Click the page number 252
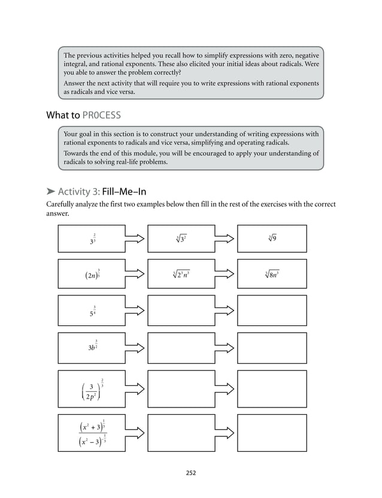click(x=190, y=473)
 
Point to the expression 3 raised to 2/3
click(x=92, y=239)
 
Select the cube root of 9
click(x=273, y=239)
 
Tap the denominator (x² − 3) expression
click(x=92, y=443)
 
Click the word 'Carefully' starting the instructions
click(x=61, y=204)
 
